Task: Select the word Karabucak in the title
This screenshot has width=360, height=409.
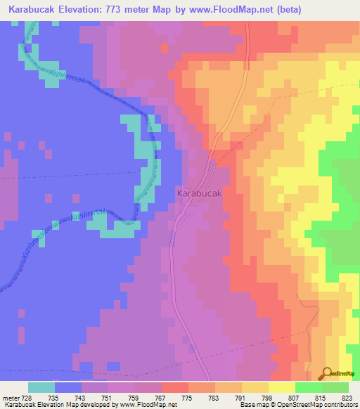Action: click(x=34, y=10)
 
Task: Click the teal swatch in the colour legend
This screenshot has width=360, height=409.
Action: click(x=41, y=387)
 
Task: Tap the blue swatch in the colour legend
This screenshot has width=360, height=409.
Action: click(x=68, y=387)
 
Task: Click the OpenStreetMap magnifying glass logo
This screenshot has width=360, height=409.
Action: click(x=327, y=373)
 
